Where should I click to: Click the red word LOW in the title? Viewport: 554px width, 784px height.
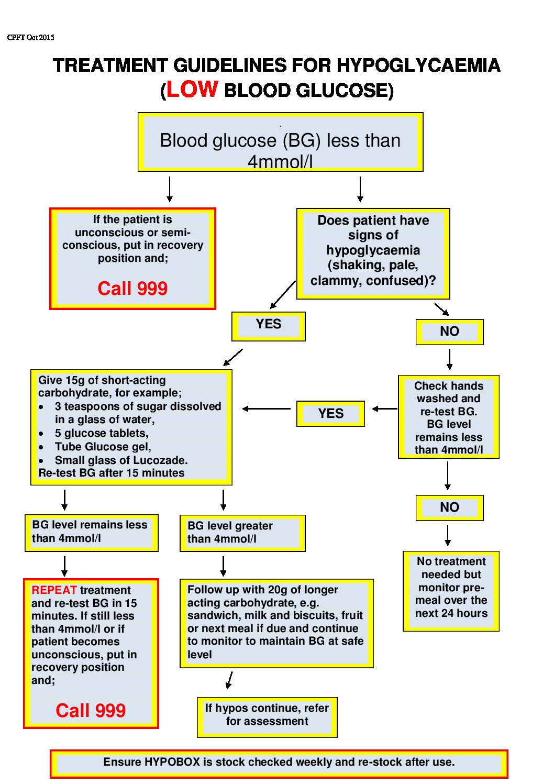coord(192,89)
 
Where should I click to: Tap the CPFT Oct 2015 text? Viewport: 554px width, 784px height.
coord(31,37)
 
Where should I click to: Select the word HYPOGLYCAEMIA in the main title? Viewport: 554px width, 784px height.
coord(418,65)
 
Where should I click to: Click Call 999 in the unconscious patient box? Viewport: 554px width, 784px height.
coord(132,289)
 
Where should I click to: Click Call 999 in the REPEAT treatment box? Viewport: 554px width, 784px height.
coord(91,711)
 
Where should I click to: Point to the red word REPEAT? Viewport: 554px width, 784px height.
coord(54,590)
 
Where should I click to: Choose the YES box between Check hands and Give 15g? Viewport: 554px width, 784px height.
coord(330,414)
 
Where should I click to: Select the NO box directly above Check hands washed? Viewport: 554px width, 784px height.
coord(449,332)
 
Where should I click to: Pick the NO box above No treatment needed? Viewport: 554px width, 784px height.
coord(449,507)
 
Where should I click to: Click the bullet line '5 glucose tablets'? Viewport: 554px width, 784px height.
coord(102,433)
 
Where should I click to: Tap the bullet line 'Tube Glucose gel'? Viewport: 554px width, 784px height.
coord(103,447)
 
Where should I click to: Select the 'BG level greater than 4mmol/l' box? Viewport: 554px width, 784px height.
coord(242,533)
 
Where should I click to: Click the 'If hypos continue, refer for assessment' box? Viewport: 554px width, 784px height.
coord(267,716)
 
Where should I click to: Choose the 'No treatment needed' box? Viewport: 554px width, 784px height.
coord(451,590)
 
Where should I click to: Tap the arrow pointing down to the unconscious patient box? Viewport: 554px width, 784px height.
coord(170,190)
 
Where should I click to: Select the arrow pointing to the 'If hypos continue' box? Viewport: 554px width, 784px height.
coord(229,680)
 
